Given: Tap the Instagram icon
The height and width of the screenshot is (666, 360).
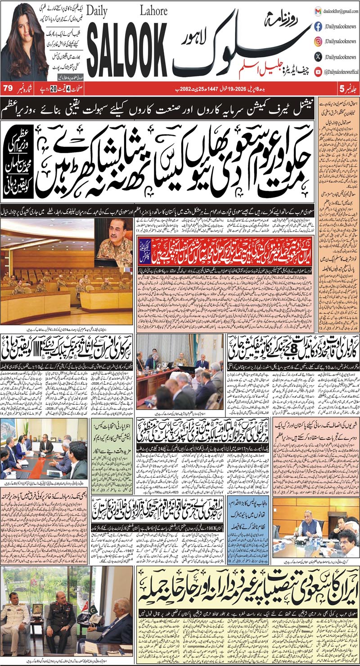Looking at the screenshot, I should [318, 41].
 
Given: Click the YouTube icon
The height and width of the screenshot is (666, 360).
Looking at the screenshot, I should [318, 71].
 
